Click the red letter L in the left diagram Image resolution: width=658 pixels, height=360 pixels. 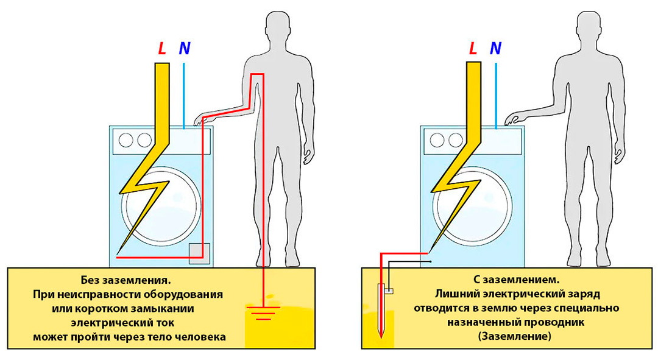[161, 49]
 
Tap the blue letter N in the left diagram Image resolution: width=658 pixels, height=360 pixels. [184, 49]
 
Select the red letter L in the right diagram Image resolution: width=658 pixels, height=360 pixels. [473, 49]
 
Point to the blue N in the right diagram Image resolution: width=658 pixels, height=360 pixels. [496, 49]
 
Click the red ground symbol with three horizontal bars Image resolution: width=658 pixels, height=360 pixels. [263, 314]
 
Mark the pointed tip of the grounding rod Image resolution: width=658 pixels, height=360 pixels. [381, 337]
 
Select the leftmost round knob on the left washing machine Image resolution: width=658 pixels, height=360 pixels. [126, 141]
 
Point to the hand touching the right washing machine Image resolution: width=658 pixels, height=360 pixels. [514, 119]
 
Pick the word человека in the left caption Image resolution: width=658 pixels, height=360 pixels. [198, 336]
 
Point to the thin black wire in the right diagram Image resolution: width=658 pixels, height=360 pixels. [408, 263]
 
